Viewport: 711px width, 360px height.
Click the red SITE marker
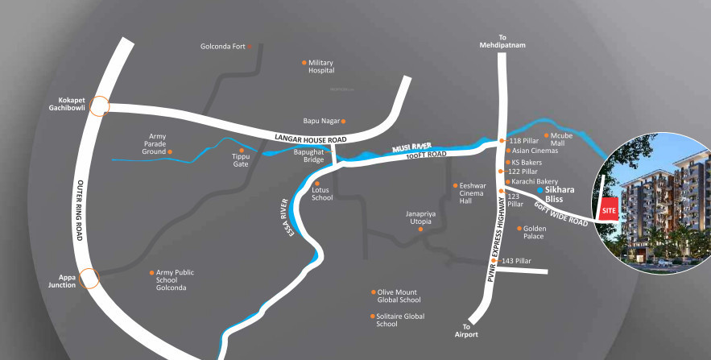(608, 209)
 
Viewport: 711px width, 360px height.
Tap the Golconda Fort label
(222, 47)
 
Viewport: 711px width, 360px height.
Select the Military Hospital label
(320, 66)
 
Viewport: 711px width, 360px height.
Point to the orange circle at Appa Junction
(89, 279)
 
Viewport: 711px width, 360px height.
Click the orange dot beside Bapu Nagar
(343, 121)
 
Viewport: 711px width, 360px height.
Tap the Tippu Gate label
(241, 159)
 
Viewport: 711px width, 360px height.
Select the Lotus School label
(321, 193)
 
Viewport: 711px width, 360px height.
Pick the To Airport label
(466, 330)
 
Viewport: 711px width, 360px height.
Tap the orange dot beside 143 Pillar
(497, 262)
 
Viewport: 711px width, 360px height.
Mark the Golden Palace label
(535, 232)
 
